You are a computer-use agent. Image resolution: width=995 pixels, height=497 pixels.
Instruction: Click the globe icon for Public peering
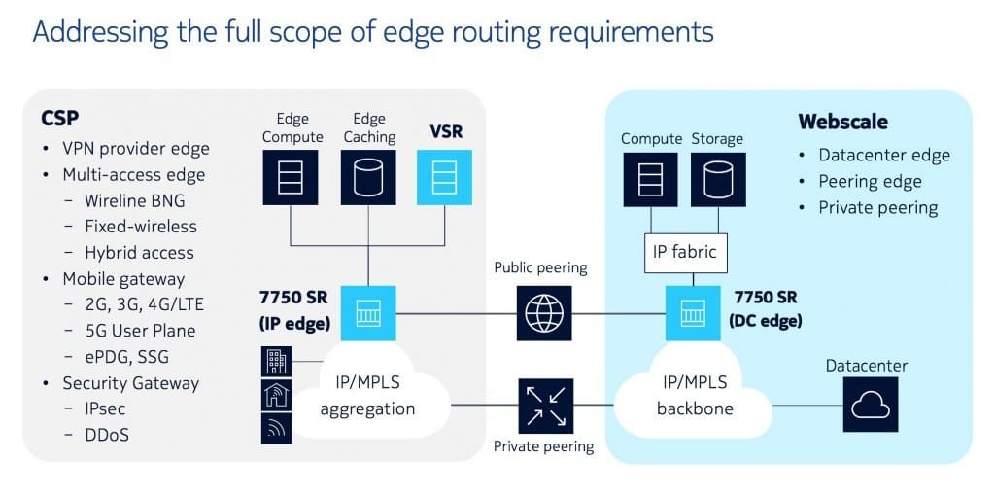click(x=543, y=313)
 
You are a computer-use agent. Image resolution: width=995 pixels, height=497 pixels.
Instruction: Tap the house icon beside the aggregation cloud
click(x=276, y=395)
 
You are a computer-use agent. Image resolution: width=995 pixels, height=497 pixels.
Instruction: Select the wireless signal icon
click(x=276, y=428)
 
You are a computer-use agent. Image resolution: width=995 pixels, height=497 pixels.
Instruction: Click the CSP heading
click(x=59, y=119)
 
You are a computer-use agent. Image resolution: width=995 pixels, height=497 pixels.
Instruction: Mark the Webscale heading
click(x=842, y=122)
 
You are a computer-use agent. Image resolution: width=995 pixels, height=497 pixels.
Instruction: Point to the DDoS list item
click(x=107, y=435)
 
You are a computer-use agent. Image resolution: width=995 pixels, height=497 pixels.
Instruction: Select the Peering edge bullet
click(x=870, y=181)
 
